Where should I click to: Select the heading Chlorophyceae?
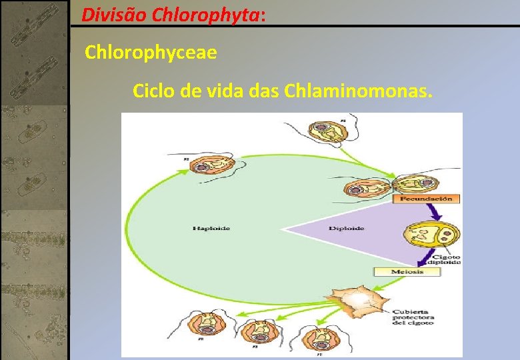point(151,53)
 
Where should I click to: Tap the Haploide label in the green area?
point(211,229)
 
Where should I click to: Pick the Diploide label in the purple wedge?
point(347,229)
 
